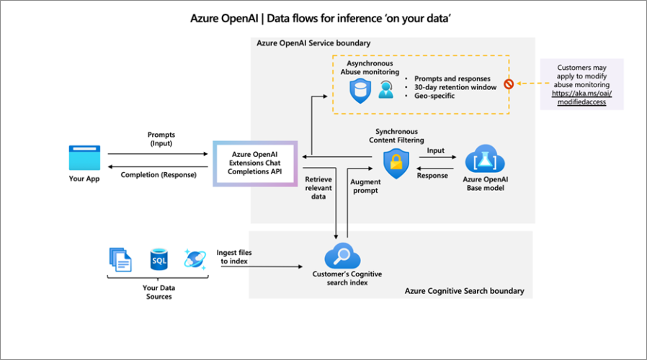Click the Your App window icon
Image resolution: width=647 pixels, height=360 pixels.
tap(84, 158)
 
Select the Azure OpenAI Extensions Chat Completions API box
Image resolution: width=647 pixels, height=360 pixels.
tap(255, 164)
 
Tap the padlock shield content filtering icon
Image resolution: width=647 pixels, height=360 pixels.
tap(396, 163)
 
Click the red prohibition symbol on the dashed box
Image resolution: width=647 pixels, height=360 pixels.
tap(509, 84)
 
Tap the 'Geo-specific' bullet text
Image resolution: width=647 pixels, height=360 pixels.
tap(434, 96)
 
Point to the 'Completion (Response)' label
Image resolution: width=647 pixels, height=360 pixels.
tap(159, 175)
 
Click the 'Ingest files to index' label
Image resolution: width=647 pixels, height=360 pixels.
tap(234, 256)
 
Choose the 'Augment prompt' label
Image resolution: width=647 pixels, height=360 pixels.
tap(365, 187)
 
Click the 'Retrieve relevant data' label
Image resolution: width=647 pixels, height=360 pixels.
tap(318, 187)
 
